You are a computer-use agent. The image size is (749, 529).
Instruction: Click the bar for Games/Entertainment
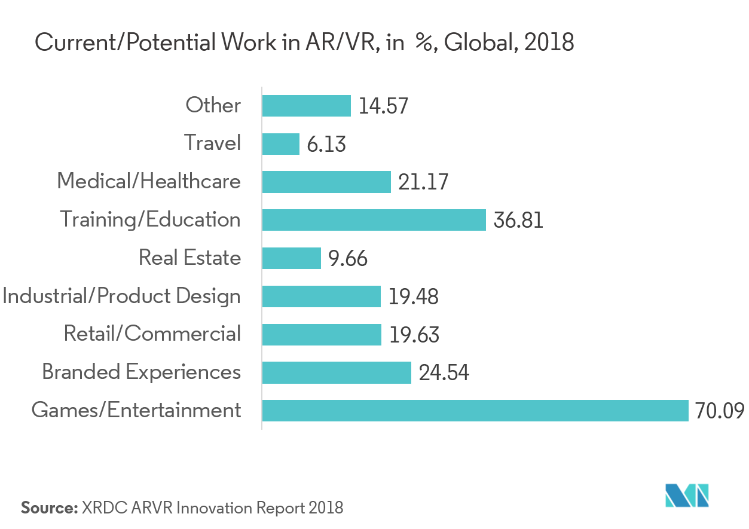(x=475, y=411)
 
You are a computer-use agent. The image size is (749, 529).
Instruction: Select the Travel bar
(x=281, y=143)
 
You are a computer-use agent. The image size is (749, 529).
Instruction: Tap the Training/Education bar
(x=374, y=219)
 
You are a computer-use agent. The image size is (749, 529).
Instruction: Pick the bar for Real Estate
(x=292, y=258)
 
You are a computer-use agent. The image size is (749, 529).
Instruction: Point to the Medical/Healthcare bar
(x=326, y=182)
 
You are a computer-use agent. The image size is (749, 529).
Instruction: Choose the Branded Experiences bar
(x=337, y=372)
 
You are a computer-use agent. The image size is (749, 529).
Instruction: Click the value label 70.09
(x=720, y=411)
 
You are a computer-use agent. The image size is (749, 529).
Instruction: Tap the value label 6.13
(x=326, y=144)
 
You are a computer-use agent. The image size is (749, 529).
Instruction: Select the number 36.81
(x=518, y=221)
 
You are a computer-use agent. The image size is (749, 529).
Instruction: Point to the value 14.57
(x=383, y=106)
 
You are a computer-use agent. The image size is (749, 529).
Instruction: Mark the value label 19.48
(x=414, y=297)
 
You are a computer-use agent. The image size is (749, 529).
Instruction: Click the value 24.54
(x=444, y=374)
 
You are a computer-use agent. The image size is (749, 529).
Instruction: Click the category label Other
(x=213, y=105)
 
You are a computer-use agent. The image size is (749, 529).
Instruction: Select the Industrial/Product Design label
(x=121, y=296)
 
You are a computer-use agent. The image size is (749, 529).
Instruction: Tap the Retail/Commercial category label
(x=152, y=334)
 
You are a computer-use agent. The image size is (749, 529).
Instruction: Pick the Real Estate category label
(x=189, y=258)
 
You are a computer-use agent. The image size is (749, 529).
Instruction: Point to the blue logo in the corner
(x=687, y=496)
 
